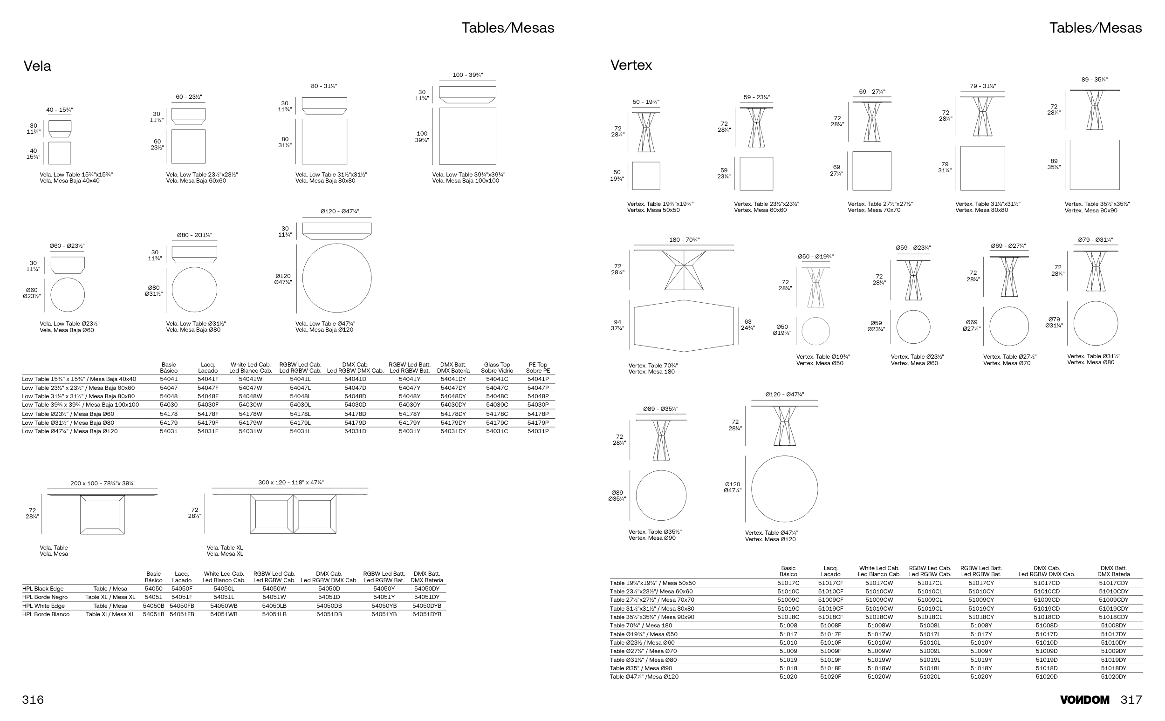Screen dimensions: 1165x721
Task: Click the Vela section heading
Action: point(37,66)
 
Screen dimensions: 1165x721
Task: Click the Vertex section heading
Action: point(630,65)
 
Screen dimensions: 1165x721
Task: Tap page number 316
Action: point(33,700)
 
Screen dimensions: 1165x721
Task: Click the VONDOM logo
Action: point(1084,700)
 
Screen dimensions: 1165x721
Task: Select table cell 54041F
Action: point(208,379)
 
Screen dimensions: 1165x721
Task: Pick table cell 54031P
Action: point(538,431)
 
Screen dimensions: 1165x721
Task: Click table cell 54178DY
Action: point(453,414)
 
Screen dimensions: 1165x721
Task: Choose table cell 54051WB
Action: point(224,614)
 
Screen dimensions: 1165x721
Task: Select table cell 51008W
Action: point(879,625)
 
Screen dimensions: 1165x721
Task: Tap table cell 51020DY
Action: point(1113,677)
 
